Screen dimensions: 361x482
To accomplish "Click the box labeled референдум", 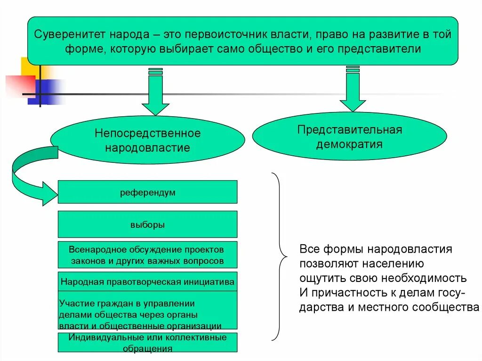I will (x=147, y=192).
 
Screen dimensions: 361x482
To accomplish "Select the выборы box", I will (x=147, y=225).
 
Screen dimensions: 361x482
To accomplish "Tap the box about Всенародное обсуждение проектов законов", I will (x=147, y=255).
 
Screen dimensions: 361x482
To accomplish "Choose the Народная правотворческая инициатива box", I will (x=147, y=282).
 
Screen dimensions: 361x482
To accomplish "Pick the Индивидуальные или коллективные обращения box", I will (x=147, y=343).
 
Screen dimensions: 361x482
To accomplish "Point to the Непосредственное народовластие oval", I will (x=147, y=140).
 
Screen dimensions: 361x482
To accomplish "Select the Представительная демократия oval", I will (x=349, y=136).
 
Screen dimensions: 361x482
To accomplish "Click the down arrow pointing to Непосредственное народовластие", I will (x=155, y=94).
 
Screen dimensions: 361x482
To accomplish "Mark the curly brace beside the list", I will (x=279, y=257).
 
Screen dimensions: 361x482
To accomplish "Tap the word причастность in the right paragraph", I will (x=342, y=293).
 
